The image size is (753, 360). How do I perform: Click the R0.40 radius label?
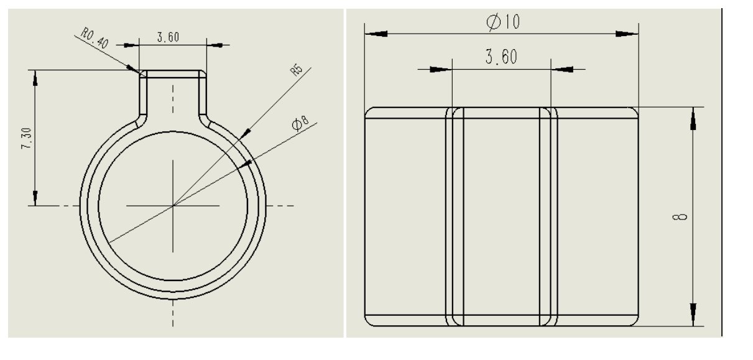pos(95,39)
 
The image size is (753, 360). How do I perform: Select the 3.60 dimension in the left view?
pos(168,37)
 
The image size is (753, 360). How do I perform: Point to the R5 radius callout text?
pos(296,69)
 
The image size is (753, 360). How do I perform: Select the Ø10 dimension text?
pos(503,22)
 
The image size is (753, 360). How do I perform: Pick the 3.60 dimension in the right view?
pos(501,57)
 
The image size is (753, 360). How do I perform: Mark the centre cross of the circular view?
pos(173,205)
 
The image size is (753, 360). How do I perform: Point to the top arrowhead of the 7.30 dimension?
pos(35,78)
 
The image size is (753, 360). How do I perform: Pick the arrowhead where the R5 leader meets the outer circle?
pos(246,132)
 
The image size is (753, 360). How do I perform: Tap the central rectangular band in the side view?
pos(501,216)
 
